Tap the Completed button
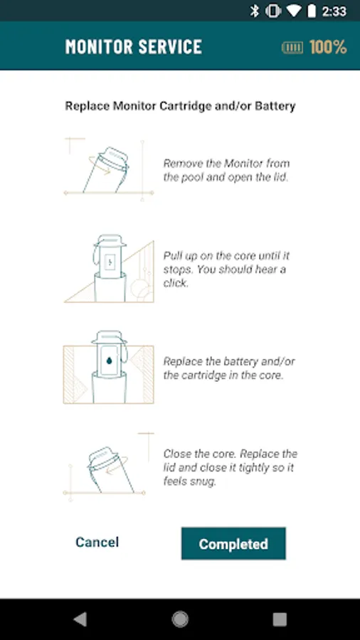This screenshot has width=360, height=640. point(233,543)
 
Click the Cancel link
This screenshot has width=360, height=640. point(97,542)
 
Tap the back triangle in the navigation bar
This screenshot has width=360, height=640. point(80,619)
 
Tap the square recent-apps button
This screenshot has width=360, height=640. point(280,619)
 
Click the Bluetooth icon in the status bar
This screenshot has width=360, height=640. point(255,11)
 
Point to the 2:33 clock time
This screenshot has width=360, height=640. point(334,11)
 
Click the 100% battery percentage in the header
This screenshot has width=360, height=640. point(328,47)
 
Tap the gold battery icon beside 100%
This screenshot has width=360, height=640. point(292,48)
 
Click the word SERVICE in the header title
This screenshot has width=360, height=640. point(170,47)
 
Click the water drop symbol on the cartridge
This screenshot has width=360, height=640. point(110,361)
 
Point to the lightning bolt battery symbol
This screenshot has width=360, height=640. point(110,262)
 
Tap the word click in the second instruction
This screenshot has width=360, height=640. point(176,283)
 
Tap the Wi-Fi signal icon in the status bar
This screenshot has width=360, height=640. point(293,11)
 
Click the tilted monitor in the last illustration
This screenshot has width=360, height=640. point(110,470)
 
